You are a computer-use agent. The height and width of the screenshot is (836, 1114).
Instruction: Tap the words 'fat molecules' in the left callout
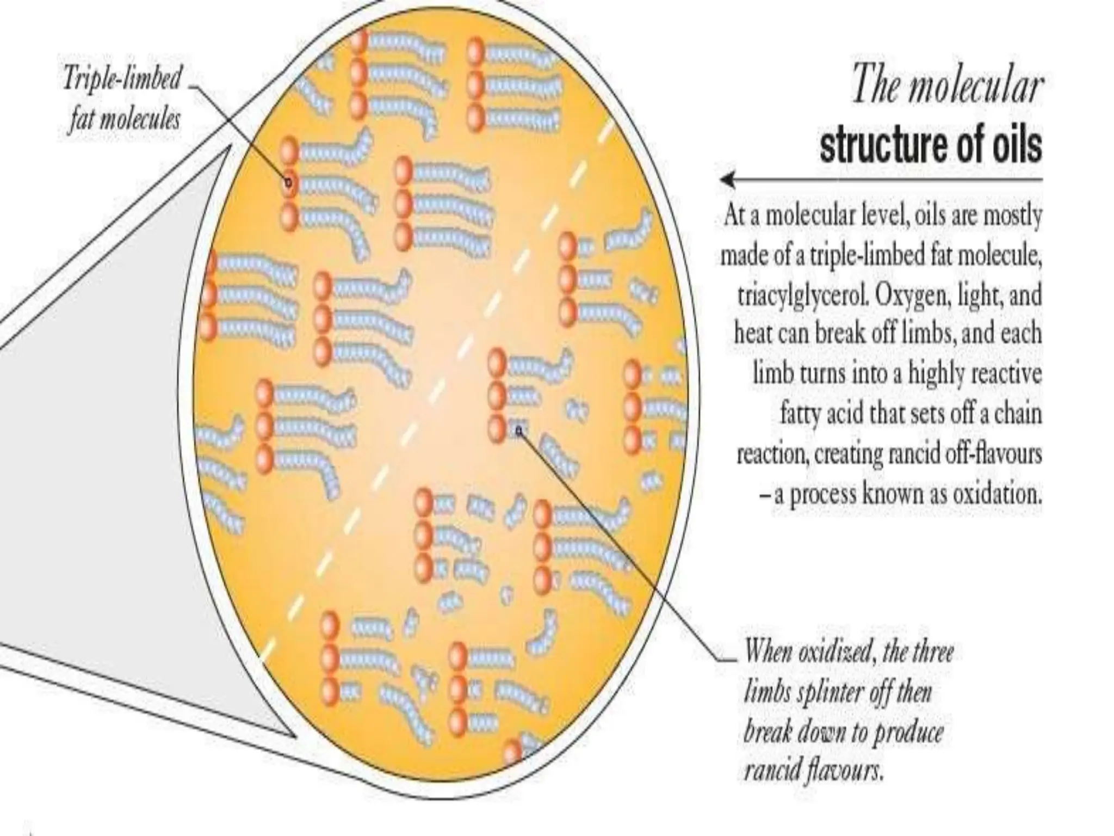click(124, 119)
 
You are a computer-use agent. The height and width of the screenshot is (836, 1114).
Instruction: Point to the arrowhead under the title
click(727, 179)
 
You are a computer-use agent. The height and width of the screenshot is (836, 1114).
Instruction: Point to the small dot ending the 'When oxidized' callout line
click(519, 431)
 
